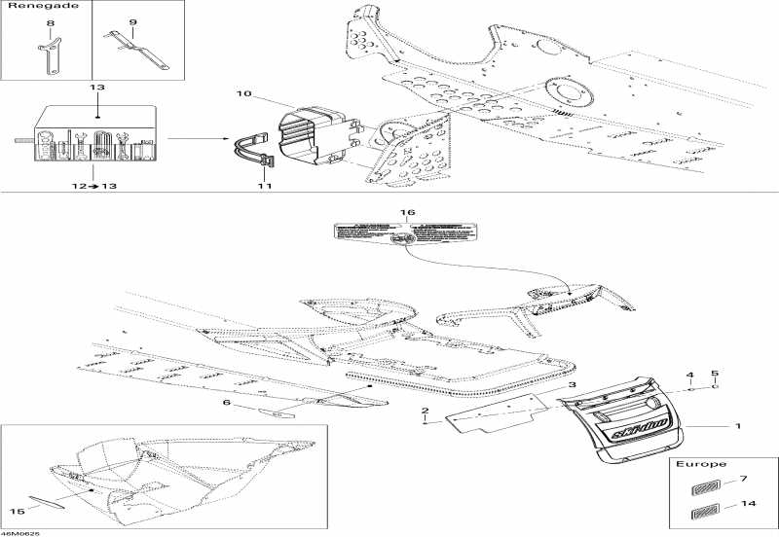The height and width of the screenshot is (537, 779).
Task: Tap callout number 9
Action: pos(132,21)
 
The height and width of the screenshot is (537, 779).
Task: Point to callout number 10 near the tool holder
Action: pos(243,93)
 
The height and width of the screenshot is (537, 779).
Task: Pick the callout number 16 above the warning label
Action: pos(408,212)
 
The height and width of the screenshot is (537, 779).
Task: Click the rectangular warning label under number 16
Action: pos(407,233)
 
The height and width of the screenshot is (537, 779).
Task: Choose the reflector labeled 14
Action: pos(702,512)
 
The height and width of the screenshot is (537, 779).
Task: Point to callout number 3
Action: pos(574,386)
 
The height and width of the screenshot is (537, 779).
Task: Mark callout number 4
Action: pos(690,376)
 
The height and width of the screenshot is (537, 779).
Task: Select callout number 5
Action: pos(715,374)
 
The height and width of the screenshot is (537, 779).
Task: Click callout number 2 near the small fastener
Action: pos(425,412)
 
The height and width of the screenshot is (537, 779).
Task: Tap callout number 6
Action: pos(228,403)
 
